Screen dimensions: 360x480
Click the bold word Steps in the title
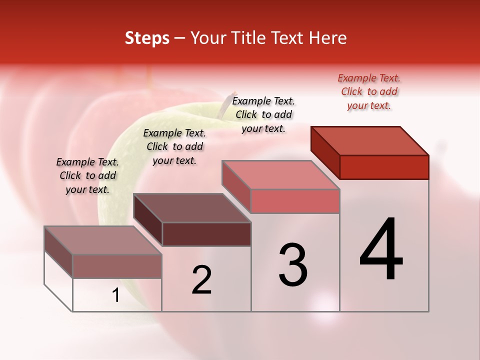click(147, 38)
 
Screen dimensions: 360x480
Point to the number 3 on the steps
click(292, 265)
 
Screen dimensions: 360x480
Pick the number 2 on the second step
click(201, 280)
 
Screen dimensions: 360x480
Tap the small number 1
click(116, 295)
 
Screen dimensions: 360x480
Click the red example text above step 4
click(369, 91)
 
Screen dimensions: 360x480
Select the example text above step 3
click(263, 114)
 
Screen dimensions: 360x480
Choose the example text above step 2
click(174, 146)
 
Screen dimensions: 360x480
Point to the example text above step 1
click(87, 175)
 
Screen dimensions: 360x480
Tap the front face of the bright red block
click(384, 167)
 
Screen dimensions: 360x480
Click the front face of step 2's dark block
click(206, 234)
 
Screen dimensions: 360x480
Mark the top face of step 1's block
click(103, 240)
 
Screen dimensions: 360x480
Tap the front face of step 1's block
click(117, 266)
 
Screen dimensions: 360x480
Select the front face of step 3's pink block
click(295, 201)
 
